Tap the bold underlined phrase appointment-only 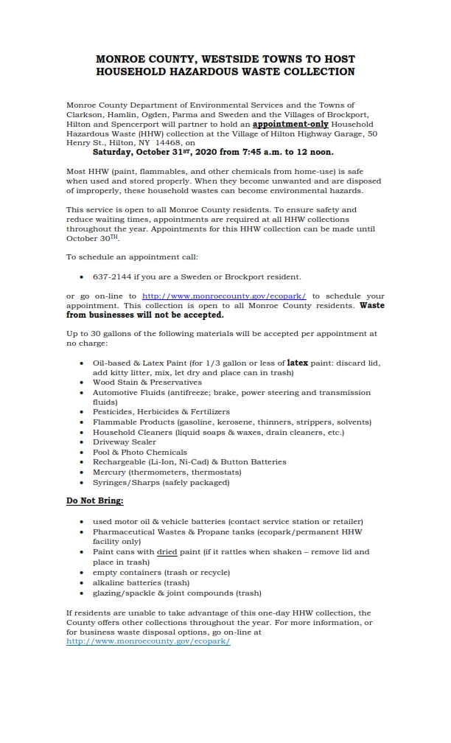tap(290, 125)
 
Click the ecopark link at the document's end tap(148, 641)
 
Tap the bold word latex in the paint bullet tap(297, 363)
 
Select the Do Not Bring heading tap(95, 500)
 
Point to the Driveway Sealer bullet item tap(125, 442)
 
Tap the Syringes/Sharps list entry tap(161, 483)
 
